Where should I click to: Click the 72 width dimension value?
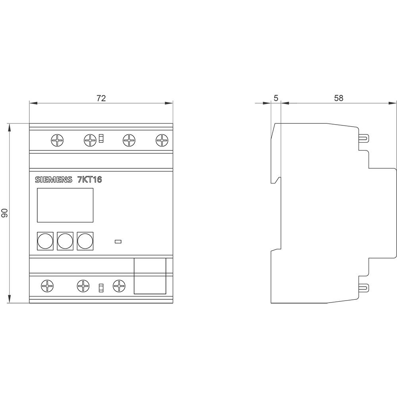(101, 98)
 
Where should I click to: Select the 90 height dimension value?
(5, 214)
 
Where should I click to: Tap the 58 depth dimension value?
(338, 98)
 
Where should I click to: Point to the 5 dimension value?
(276, 98)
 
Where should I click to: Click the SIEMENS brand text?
(54, 180)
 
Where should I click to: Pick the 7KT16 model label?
(89, 180)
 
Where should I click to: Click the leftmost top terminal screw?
(58, 140)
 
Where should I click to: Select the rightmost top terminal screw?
(162, 140)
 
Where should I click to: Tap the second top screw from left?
(91, 140)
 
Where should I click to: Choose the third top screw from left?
(129, 140)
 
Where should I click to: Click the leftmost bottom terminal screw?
(47, 285)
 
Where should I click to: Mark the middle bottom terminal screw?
(83, 285)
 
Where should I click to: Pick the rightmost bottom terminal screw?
(119, 285)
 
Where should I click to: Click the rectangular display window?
(65, 205)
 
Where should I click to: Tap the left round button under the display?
(45, 241)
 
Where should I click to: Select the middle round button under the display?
(65, 241)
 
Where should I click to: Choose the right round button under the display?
(85, 241)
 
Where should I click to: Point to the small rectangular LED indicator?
(118, 241)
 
